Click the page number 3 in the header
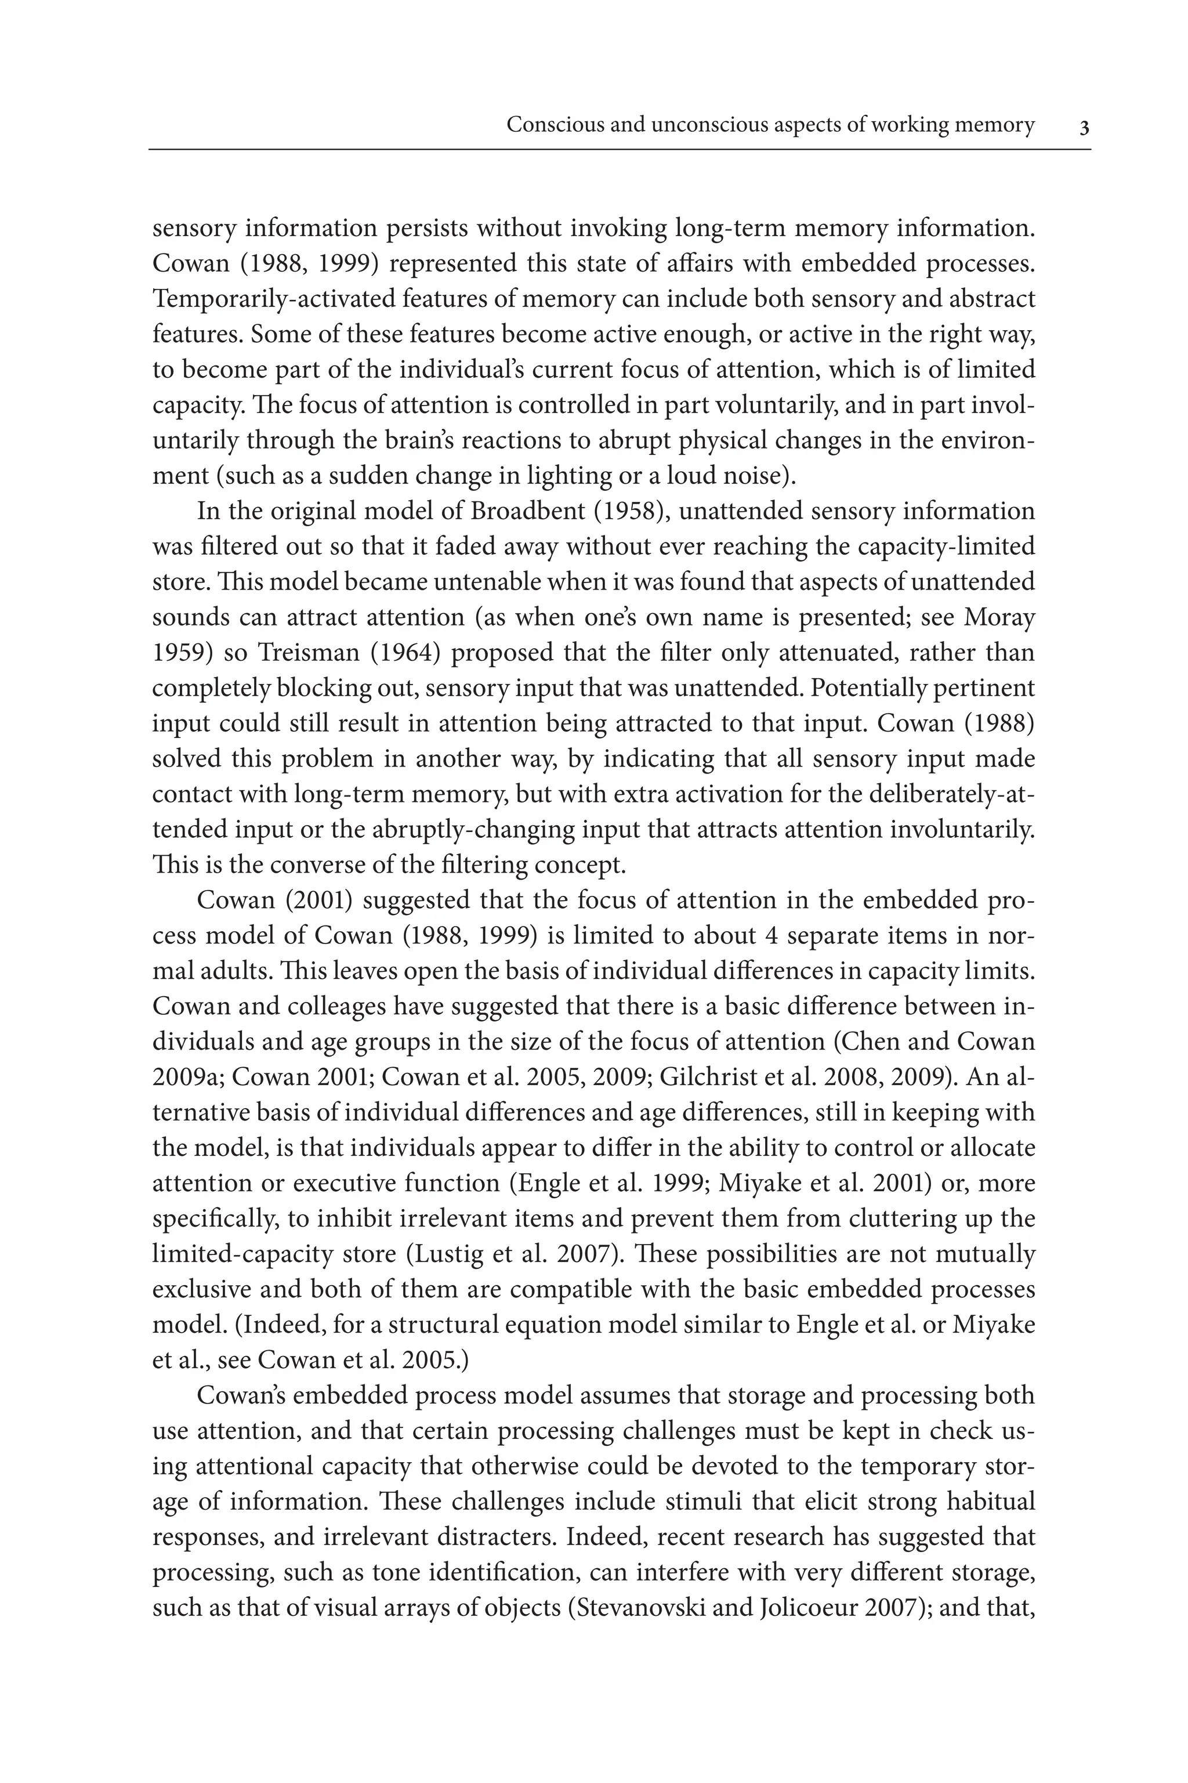[1084, 127]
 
